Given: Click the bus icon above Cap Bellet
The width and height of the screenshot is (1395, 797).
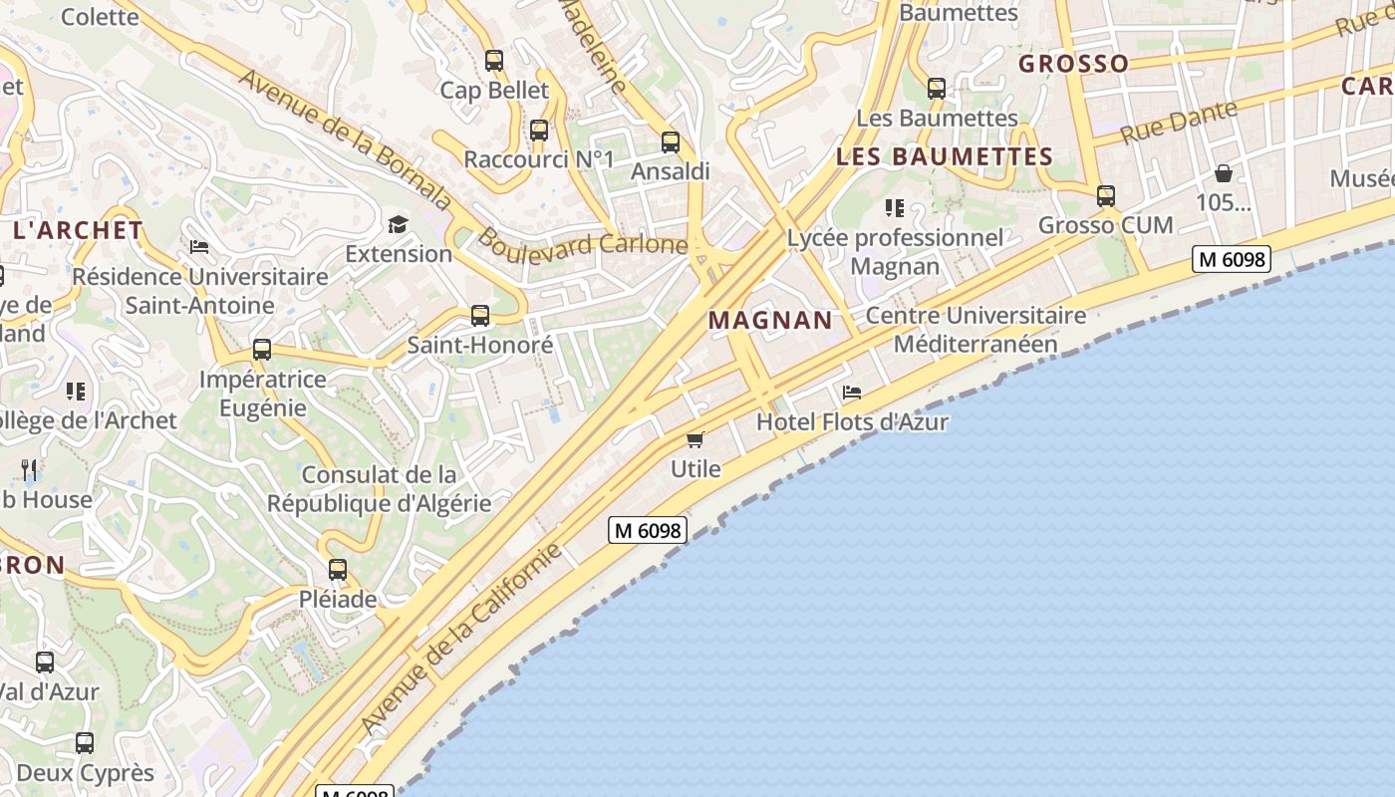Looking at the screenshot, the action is pos(494,60).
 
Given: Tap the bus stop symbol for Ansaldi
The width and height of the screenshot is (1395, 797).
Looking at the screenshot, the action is pos(671,142).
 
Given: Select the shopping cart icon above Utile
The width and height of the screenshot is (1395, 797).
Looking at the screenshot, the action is pos(696,439).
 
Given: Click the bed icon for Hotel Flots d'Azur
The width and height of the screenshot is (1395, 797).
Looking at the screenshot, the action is pos(851,393).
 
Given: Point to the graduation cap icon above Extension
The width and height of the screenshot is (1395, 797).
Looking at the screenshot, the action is pos(399,223).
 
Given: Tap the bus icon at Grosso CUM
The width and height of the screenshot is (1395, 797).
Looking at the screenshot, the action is pos(1106,196).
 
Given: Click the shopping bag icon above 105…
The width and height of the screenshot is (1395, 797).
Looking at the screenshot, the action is pos(1224,173).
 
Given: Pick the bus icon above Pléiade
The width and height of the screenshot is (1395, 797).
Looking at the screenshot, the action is pos(338,570).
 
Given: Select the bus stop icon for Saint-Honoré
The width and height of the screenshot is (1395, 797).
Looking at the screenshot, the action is pos(480,316).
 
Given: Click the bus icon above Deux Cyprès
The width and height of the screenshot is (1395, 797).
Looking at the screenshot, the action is pos(85,742).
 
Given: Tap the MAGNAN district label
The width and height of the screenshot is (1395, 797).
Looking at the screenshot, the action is pos(770,320).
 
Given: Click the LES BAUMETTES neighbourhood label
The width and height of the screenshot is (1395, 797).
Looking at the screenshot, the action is pos(944,156).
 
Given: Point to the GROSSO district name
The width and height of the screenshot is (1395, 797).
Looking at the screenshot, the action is pos(1073,64).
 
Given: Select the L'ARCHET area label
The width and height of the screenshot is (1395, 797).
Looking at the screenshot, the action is pos(78,230).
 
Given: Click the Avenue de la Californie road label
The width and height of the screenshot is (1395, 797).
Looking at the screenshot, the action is pos(462,639).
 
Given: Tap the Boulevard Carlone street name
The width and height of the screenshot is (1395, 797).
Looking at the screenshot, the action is pos(583,243).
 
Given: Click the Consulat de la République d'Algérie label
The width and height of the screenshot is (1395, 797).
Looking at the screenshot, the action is pos(379,489).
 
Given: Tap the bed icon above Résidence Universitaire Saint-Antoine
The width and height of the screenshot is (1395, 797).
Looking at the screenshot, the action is pos(199,246).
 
